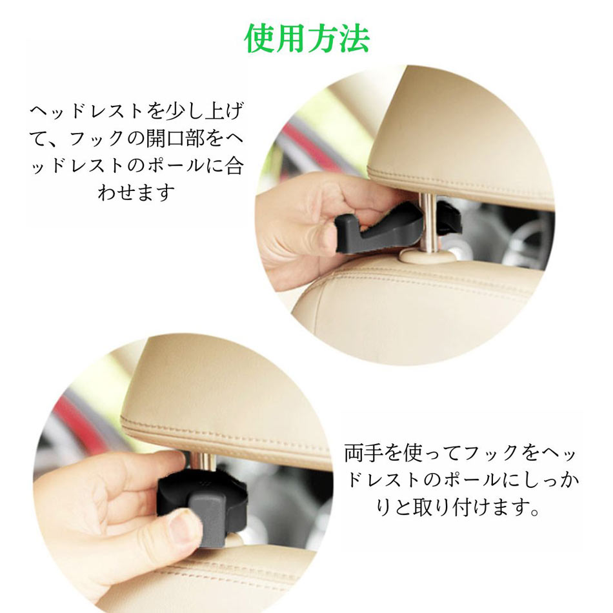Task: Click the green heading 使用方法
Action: pos(307,39)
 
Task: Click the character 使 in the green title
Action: pos(259,39)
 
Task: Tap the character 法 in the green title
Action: pos(355,39)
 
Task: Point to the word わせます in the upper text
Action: pos(136,193)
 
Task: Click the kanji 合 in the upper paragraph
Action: pos(235,166)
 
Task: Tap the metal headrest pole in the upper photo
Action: pos(427,223)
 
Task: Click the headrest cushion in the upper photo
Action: pos(461,133)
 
